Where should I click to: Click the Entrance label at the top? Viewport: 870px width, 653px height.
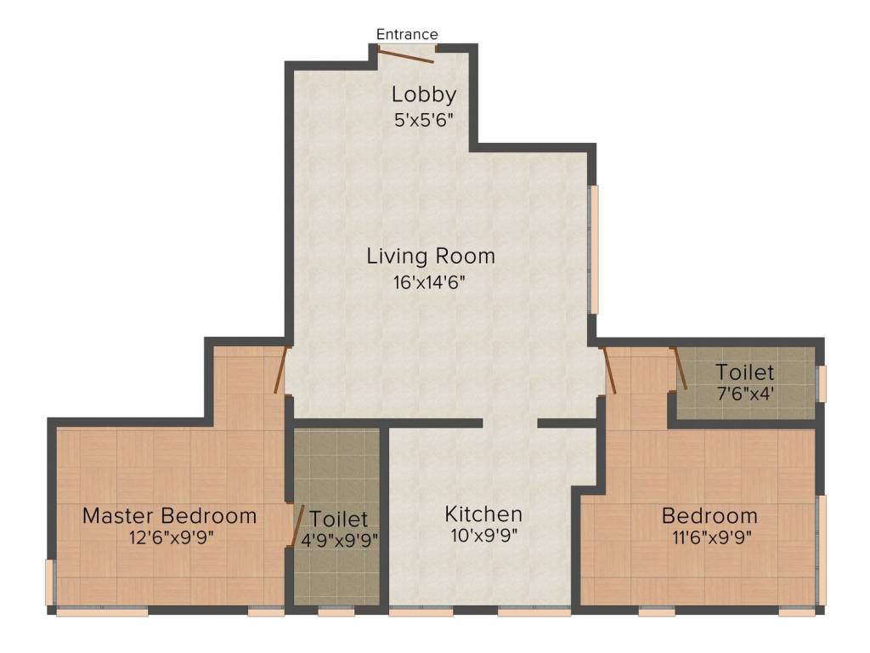point(407,34)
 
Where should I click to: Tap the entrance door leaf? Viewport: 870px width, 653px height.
point(405,55)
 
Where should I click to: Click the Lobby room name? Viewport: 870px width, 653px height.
point(424,94)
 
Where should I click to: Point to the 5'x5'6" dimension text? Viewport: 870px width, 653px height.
point(424,120)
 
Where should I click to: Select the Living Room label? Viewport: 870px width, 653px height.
point(431,256)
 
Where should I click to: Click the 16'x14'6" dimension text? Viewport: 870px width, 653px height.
point(429,282)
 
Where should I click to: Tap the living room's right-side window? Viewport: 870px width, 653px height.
point(594,249)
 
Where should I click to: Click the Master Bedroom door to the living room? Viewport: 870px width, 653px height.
point(281,370)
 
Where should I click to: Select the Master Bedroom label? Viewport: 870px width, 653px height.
point(169,516)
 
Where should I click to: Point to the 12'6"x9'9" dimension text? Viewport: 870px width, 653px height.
point(172,537)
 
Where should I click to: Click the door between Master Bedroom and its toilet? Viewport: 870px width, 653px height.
point(297,525)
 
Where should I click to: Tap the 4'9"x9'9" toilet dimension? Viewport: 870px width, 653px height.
point(340,539)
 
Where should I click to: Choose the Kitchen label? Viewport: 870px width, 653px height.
point(483,514)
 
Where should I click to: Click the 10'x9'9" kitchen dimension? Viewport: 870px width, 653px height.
point(483,536)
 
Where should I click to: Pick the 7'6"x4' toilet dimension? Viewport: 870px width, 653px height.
point(745,394)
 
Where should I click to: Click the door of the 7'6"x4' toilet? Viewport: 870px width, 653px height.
point(680,368)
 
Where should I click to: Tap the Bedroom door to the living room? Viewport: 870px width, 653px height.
point(608,371)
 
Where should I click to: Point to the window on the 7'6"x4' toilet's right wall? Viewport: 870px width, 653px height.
point(822,383)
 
